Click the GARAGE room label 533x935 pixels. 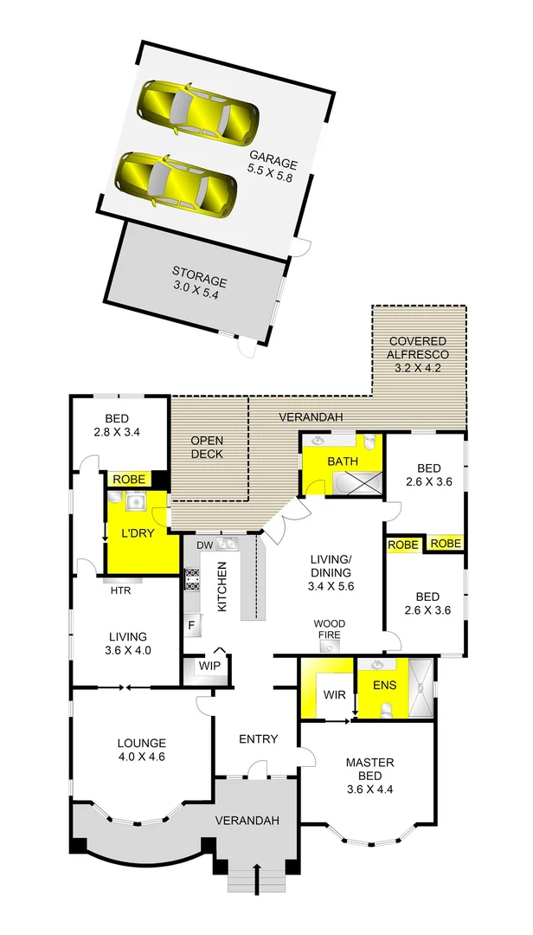273,169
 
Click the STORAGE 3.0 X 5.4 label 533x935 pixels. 199,288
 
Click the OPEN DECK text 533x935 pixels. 208,448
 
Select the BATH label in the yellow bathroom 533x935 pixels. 343,461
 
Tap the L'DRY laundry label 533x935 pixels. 138,533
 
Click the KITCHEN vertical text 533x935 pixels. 222,586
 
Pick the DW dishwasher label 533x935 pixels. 205,545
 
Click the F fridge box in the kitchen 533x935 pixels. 191,623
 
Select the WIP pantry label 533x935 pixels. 209,667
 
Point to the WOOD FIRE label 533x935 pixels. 328,629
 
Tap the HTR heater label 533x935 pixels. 120,592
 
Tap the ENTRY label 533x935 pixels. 258,738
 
